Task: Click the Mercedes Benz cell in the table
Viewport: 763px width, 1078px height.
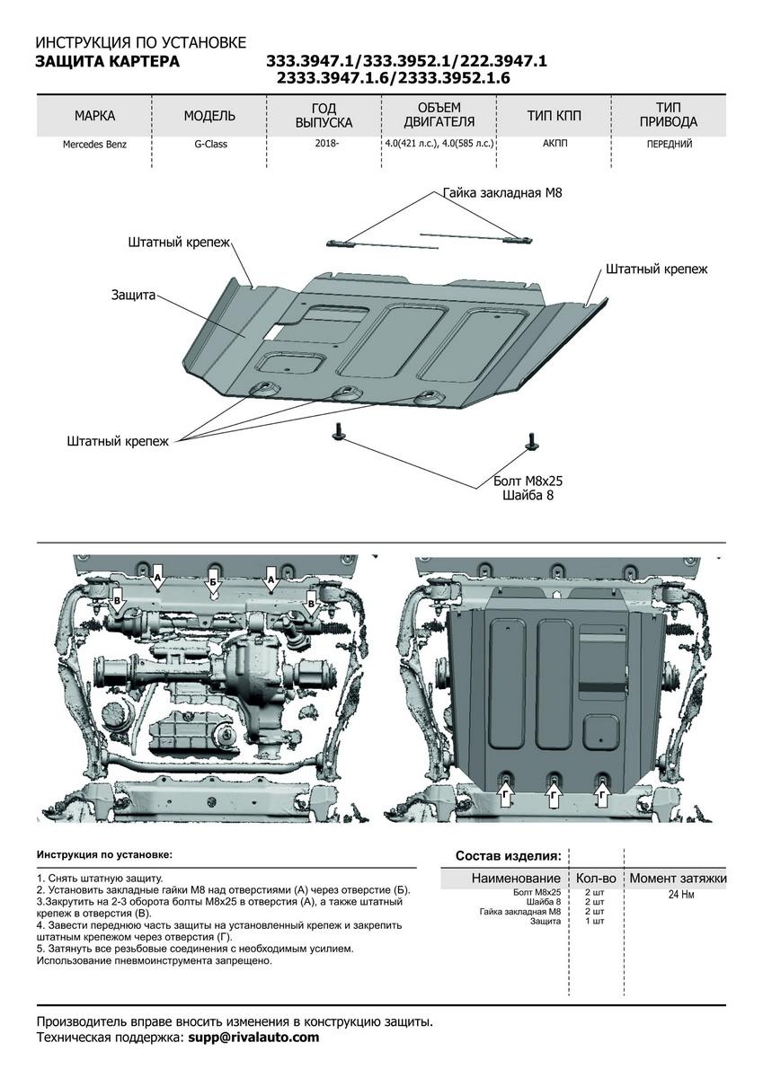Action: pos(94,144)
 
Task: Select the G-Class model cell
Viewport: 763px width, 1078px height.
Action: pos(209,144)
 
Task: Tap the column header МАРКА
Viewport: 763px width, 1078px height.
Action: pos(94,116)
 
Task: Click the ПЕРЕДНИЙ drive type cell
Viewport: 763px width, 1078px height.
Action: pos(669,144)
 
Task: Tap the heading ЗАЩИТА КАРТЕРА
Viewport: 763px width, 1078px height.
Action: pos(107,61)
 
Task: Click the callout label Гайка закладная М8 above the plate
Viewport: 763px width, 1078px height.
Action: pos(502,193)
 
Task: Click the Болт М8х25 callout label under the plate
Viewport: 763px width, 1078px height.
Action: pos(528,480)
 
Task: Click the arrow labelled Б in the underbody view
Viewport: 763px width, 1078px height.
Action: pos(213,579)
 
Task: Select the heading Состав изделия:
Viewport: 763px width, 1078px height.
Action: pos(508,855)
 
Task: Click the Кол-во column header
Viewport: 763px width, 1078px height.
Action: pos(595,878)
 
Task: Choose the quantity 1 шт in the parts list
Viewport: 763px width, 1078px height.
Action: pos(594,922)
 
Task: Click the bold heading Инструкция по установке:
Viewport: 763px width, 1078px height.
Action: pos(104,855)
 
